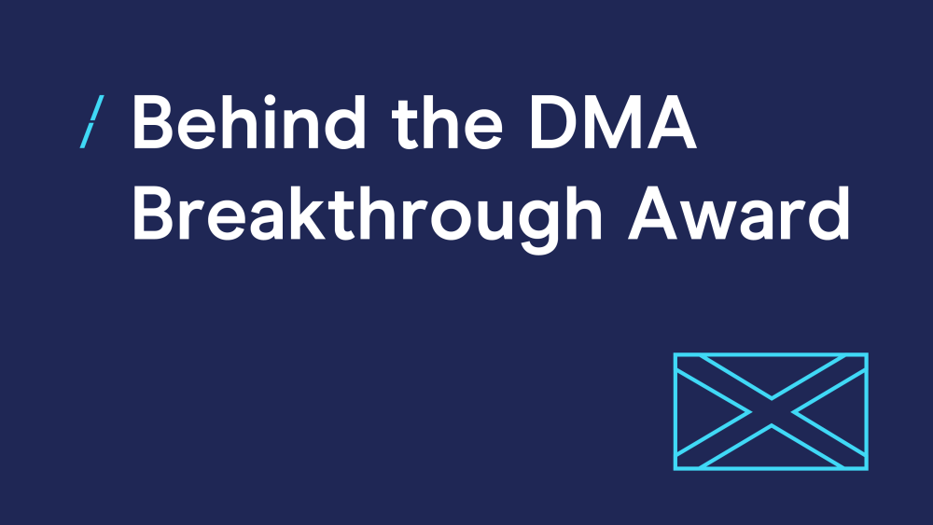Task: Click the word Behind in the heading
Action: click(x=249, y=121)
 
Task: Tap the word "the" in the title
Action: click(x=446, y=122)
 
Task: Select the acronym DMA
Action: click(x=613, y=122)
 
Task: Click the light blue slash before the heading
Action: click(x=91, y=121)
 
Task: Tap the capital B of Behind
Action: click(x=152, y=122)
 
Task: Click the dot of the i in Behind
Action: click(x=270, y=100)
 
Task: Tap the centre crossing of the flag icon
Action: click(x=772, y=411)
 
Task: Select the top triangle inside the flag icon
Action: click(x=772, y=371)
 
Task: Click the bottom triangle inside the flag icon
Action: click(x=772, y=451)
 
